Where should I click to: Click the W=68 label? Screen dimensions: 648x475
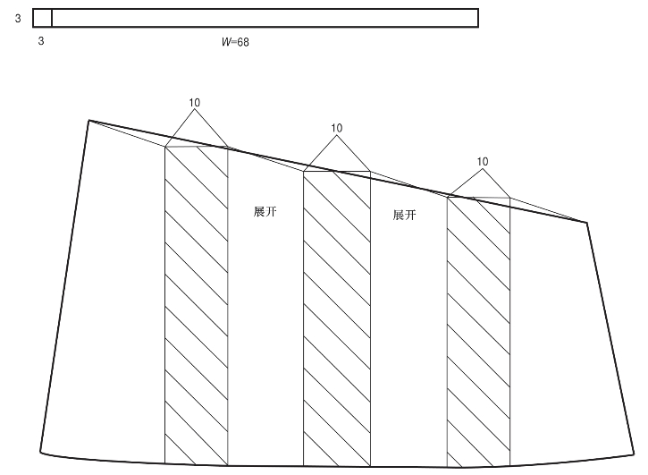click(234, 41)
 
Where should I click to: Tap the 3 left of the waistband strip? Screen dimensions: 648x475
click(18, 17)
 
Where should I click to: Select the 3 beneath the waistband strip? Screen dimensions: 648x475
click(41, 41)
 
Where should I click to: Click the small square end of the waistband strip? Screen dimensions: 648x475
click(42, 18)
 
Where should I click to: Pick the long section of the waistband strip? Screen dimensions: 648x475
click(265, 18)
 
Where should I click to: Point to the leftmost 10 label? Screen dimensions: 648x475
click(195, 103)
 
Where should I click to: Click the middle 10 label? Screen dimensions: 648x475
click(336, 128)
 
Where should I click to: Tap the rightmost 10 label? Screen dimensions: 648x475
click(483, 162)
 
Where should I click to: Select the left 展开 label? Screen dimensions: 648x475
click(265, 212)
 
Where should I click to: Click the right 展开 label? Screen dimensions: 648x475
click(405, 216)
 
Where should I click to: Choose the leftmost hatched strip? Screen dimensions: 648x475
click(197, 304)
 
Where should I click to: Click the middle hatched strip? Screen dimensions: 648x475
click(337, 318)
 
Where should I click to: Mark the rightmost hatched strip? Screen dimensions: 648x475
click(478, 331)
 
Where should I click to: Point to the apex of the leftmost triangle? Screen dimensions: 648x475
click(195, 111)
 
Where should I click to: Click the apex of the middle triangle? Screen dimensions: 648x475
click(336, 136)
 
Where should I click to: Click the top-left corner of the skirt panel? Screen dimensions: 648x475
click(88, 120)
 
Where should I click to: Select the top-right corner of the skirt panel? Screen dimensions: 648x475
click(586, 222)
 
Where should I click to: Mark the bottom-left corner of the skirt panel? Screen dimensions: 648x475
click(40, 451)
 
